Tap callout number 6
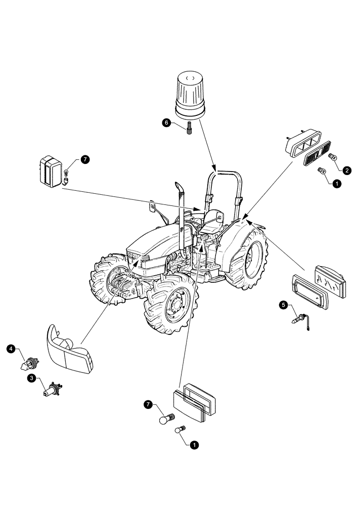pos(166,122)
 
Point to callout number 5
pos(284,305)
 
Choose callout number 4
pos(11,349)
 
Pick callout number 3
pos(32,378)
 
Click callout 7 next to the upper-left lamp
pos(84,159)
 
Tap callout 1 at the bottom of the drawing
pos(194,445)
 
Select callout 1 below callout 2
pos(335,185)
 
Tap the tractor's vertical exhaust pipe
pos(181,218)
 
